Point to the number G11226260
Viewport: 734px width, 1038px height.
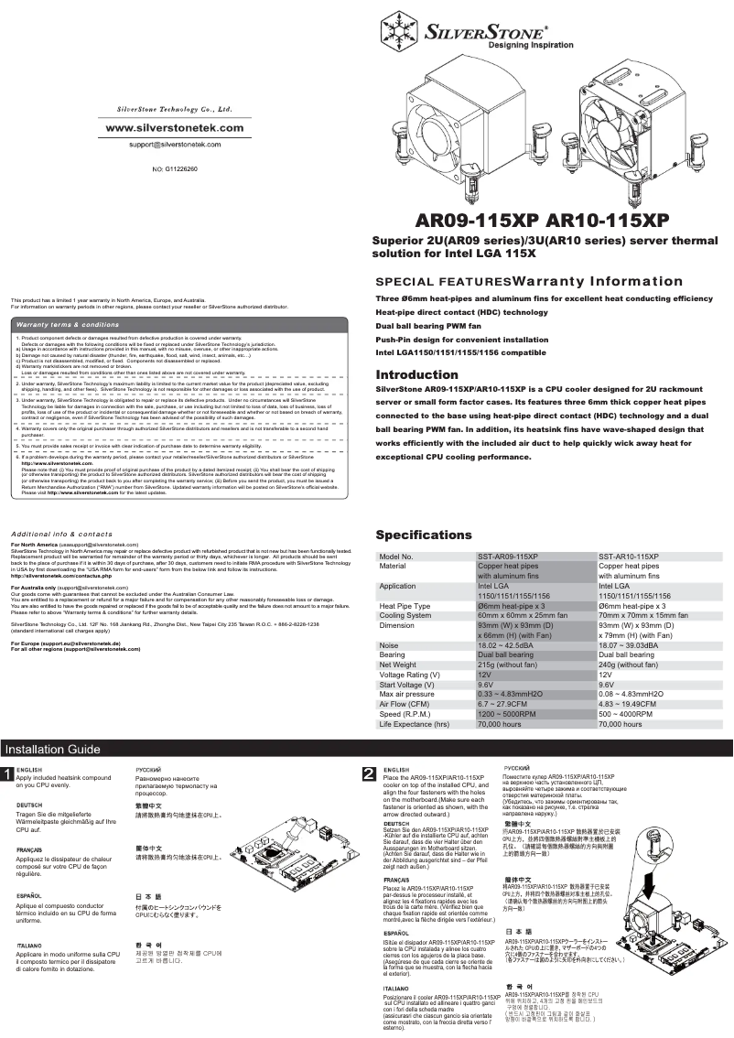(x=179, y=168)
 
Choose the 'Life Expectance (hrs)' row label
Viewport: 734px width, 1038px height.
(x=415, y=723)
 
